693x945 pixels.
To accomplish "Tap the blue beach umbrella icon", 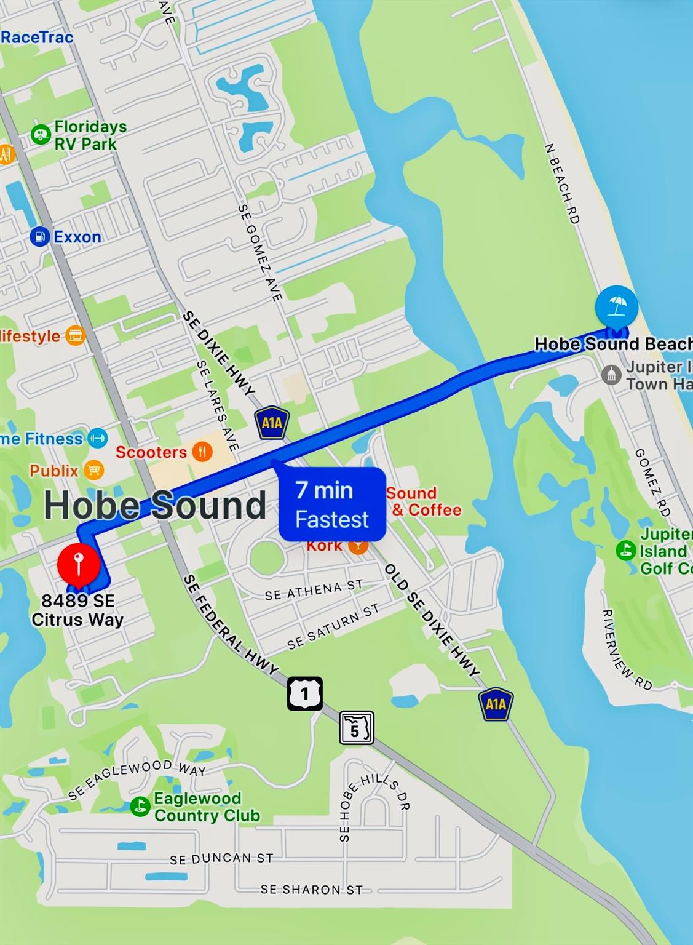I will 616,305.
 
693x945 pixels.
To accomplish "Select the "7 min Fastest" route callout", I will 333,504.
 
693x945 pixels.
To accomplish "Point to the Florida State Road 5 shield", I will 356,728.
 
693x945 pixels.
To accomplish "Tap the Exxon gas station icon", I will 40,237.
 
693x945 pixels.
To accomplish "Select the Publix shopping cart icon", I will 93,471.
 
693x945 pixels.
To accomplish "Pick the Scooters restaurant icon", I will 202,452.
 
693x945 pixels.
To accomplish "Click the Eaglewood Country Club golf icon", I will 140,807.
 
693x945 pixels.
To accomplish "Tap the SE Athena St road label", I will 314,590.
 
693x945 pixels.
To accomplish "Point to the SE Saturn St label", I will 333,626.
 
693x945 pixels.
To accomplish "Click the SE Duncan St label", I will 221,858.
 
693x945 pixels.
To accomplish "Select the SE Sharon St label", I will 311,890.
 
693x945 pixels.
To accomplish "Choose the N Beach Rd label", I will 562,183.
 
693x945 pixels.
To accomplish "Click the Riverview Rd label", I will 625,650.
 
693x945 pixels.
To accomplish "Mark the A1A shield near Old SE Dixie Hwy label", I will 496,703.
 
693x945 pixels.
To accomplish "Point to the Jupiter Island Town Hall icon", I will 611,375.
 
